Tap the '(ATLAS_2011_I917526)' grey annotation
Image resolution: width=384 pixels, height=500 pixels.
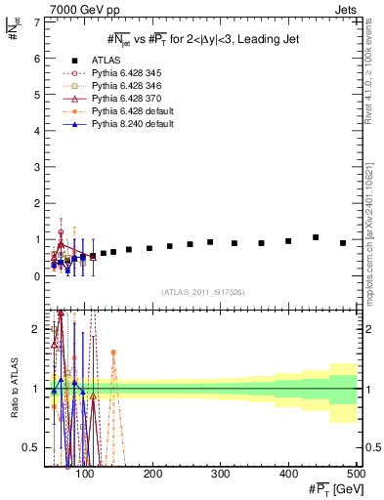[202, 292]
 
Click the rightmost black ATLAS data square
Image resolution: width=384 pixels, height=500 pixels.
[343, 243]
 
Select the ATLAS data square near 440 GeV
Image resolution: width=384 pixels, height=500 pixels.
[316, 237]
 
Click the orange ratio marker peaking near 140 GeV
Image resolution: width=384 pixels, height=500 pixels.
[113, 352]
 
